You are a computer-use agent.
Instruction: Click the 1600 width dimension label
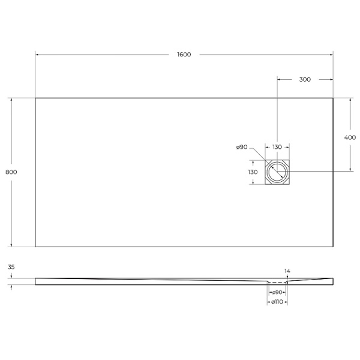pos(184,55)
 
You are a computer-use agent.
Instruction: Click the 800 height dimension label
pos(11,172)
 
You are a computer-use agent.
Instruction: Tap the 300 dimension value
pos(305,79)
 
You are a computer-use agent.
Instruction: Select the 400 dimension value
pos(350,137)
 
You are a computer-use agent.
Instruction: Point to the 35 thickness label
pos(11,267)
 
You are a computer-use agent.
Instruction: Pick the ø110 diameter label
pos(277,302)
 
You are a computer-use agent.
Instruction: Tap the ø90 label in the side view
pos(278,292)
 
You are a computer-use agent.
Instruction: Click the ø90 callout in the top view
pos(242,147)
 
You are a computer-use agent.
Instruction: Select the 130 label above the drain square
pos(277,148)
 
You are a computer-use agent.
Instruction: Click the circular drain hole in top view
pos(277,172)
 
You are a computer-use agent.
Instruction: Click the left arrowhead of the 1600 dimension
pos(37,55)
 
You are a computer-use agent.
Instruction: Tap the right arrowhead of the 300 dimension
pos(331,79)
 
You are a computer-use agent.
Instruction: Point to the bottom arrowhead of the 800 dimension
pos(11,245)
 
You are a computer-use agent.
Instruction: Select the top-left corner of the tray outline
pos(35,98)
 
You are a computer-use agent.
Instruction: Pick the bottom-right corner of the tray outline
pos(333,247)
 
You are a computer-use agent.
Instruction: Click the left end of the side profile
pos(36,281)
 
